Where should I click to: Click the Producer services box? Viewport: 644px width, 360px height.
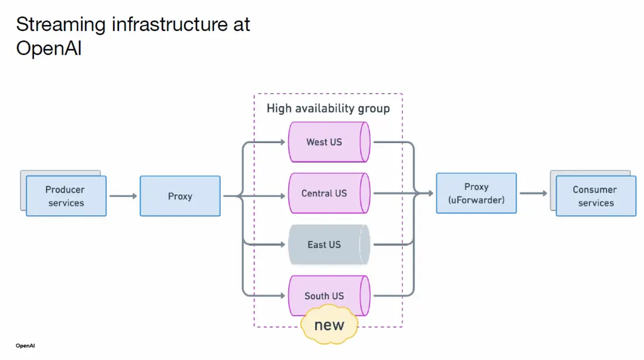pyautogui.click(x=66, y=196)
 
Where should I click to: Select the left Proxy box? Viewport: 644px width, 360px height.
pyautogui.click(x=180, y=196)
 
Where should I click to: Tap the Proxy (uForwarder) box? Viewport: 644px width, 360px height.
pyautogui.click(x=476, y=193)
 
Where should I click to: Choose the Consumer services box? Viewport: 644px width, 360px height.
pyautogui.click(x=596, y=196)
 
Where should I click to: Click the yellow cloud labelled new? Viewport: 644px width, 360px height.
pyautogui.click(x=330, y=325)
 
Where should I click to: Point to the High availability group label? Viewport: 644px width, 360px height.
pyautogui.click(x=328, y=108)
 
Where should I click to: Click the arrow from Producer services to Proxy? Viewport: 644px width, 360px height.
pyautogui.click(x=123, y=196)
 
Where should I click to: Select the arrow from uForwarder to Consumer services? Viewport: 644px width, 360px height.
pyautogui.click(x=533, y=193)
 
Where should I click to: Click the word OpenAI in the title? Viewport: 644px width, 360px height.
pyautogui.click(x=49, y=48)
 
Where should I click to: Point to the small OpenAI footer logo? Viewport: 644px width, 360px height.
pyautogui.click(x=25, y=345)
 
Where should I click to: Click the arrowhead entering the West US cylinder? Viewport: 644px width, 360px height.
pyautogui.click(x=284, y=142)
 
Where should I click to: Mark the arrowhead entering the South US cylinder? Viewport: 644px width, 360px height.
pyautogui.click(x=284, y=296)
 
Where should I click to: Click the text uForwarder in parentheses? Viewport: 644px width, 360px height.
pyautogui.click(x=476, y=200)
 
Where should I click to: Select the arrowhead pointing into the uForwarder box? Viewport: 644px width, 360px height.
pyautogui.click(x=432, y=193)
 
